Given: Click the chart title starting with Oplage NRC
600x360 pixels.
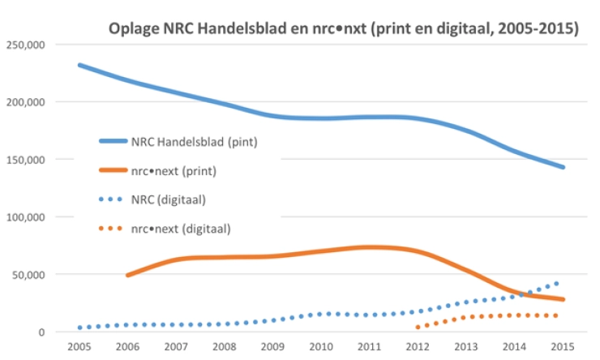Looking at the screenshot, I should tap(343, 29).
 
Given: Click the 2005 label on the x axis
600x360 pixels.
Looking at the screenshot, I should tap(79, 347).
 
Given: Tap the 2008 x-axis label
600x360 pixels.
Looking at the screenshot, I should tap(224, 347).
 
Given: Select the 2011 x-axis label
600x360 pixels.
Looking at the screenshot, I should tap(369, 347).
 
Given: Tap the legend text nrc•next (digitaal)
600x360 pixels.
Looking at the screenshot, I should tap(180, 229).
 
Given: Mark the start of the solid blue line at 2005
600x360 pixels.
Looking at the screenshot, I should tap(79, 65).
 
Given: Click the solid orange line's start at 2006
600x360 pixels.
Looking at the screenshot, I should tap(127, 276).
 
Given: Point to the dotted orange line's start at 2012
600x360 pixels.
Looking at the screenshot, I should tap(417, 328).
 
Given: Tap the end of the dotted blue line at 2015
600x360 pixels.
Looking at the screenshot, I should tap(558, 283).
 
